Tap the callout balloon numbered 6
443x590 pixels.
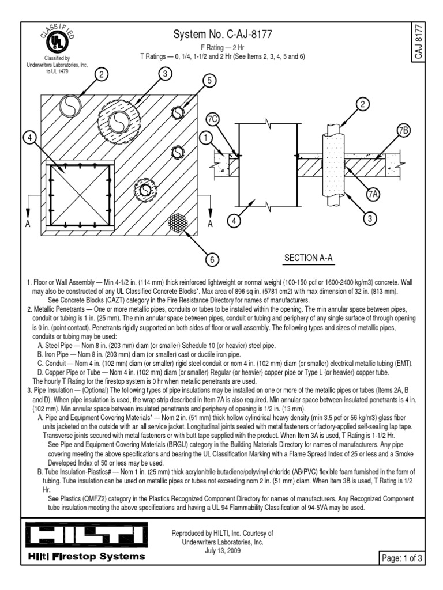(x=212, y=260)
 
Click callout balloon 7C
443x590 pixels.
(x=213, y=119)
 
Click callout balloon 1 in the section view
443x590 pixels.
(x=205, y=138)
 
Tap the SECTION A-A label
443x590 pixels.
(x=309, y=258)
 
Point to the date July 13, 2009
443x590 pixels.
(x=222, y=550)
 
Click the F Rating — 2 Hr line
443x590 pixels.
(x=222, y=48)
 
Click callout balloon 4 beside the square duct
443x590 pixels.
(x=31, y=138)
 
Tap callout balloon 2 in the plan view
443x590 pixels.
(x=102, y=73)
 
